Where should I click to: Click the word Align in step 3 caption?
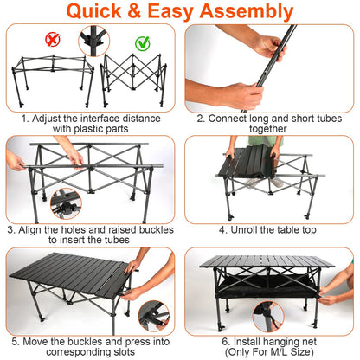coord(37,230)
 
